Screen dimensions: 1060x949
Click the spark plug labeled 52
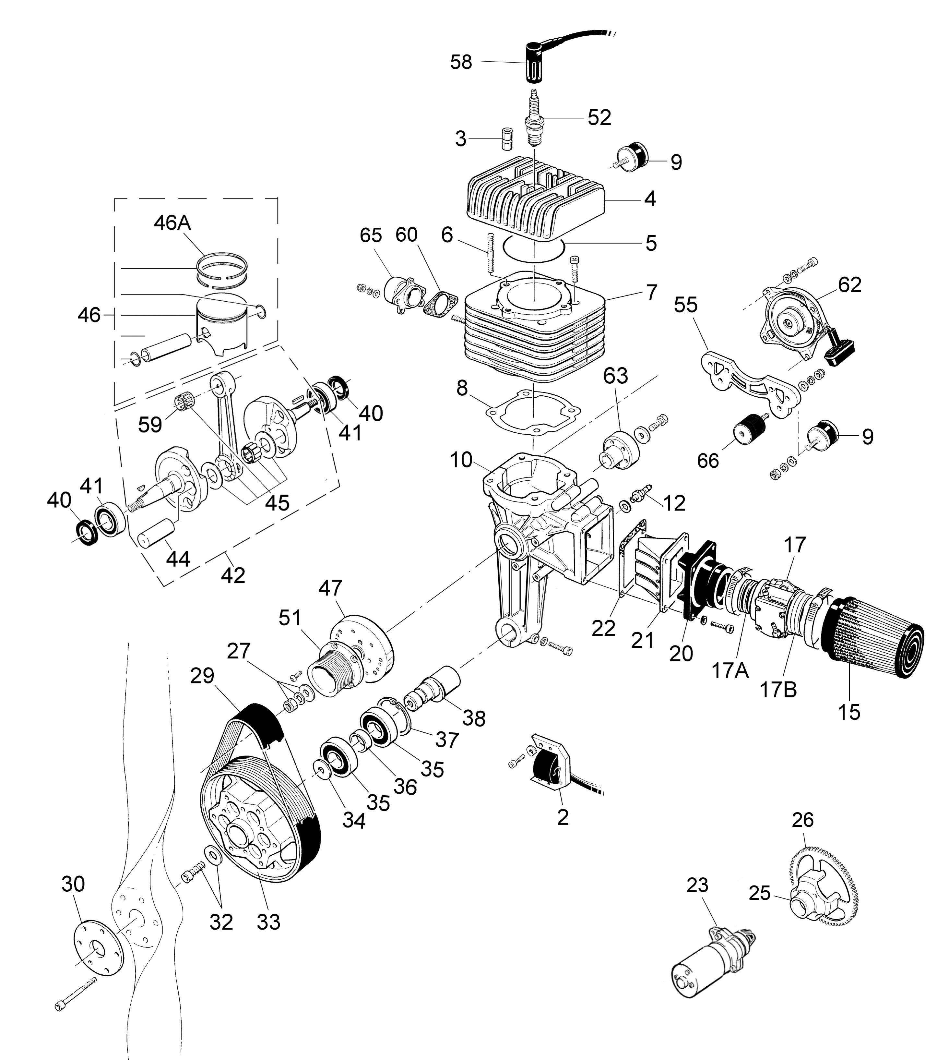pyautogui.click(x=533, y=120)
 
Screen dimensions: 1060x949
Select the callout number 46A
pyautogui.click(x=172, y=223)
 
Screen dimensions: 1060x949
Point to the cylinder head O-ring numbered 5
pyautogui.click(x=533, y=250)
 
